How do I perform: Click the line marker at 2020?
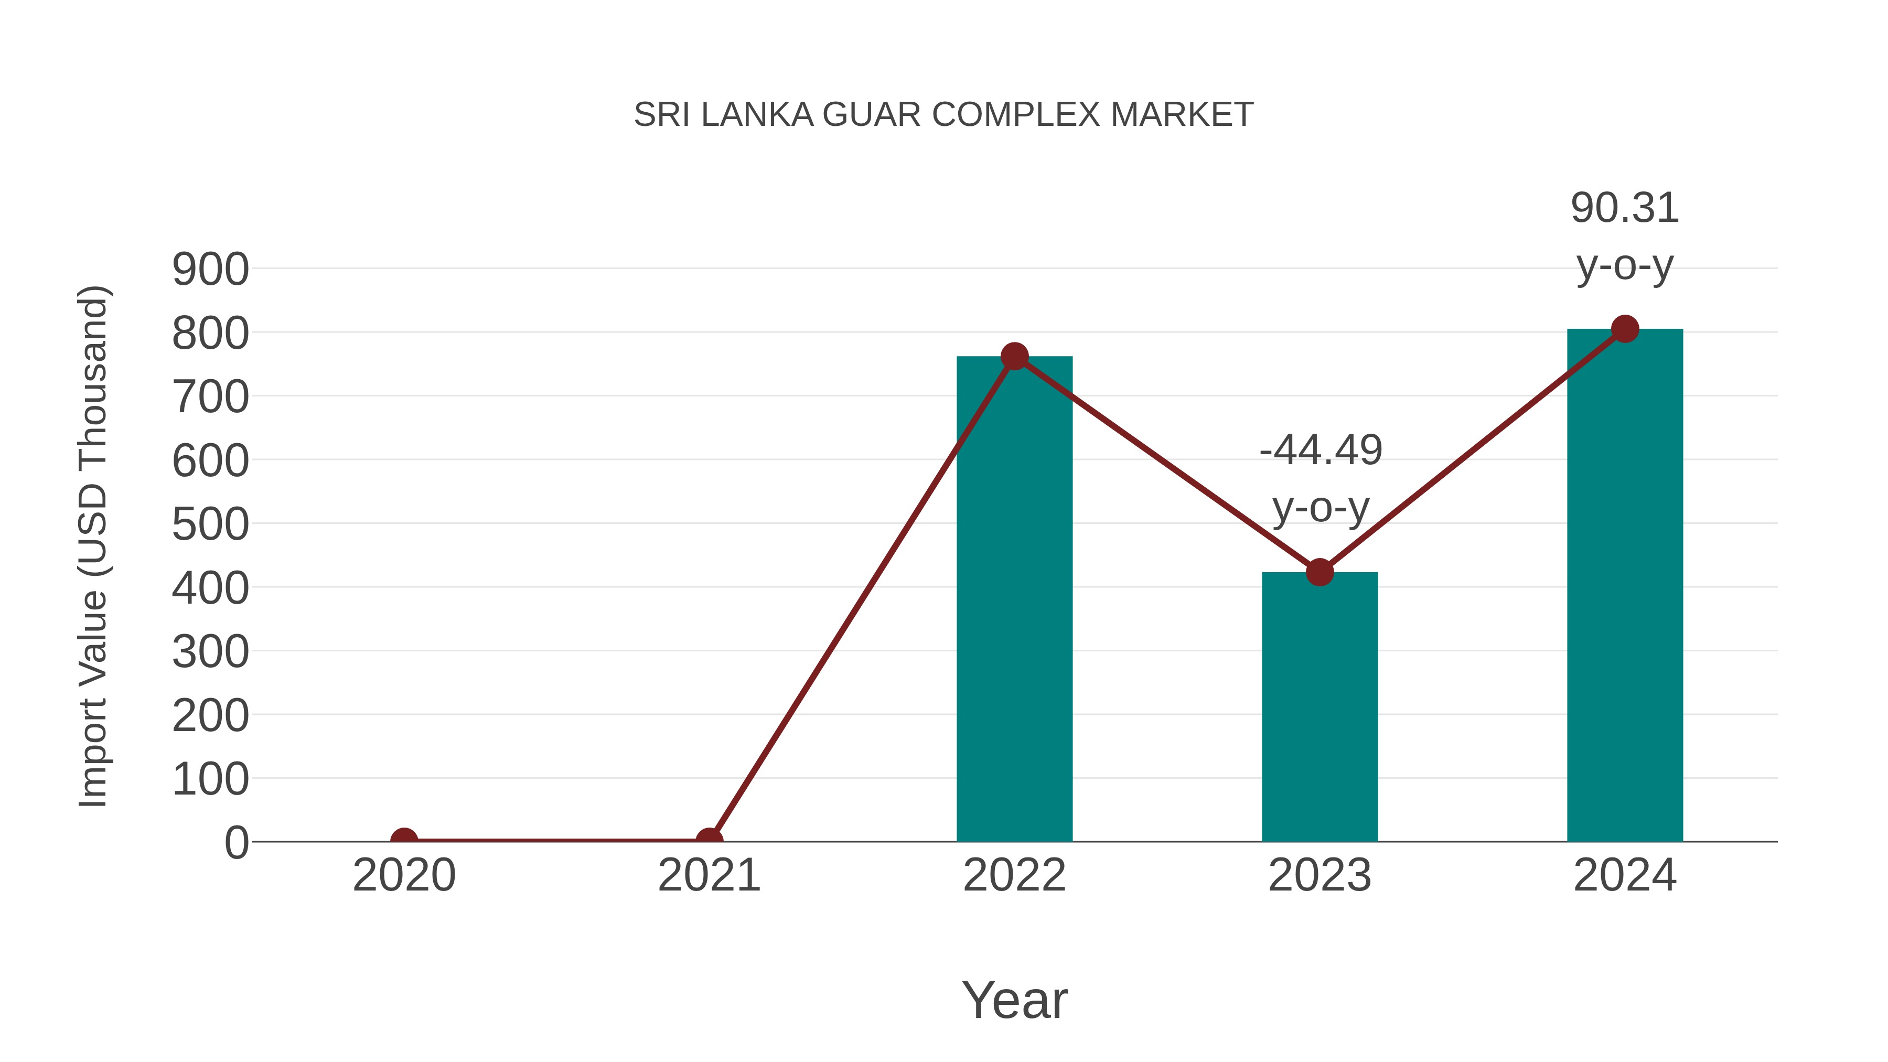click(404, 840)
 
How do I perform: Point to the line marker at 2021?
click(709, 840)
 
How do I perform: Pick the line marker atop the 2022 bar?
click(1014, 357)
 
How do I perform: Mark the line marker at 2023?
click(1320, 572)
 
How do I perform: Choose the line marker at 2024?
click(1625, 329)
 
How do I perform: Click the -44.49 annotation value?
click(1321, 450)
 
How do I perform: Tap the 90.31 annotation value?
click(1625, 208)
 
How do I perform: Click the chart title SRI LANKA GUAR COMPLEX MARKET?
click(943, 115)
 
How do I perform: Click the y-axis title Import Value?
click(94, 546)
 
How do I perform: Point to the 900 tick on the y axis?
click(210, 270)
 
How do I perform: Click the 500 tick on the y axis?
click(210, 525)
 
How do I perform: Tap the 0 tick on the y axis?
click(236, 843)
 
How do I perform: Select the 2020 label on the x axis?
click(404, 875)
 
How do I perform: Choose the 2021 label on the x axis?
click(709, 875)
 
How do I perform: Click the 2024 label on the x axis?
click(1625, 875)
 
